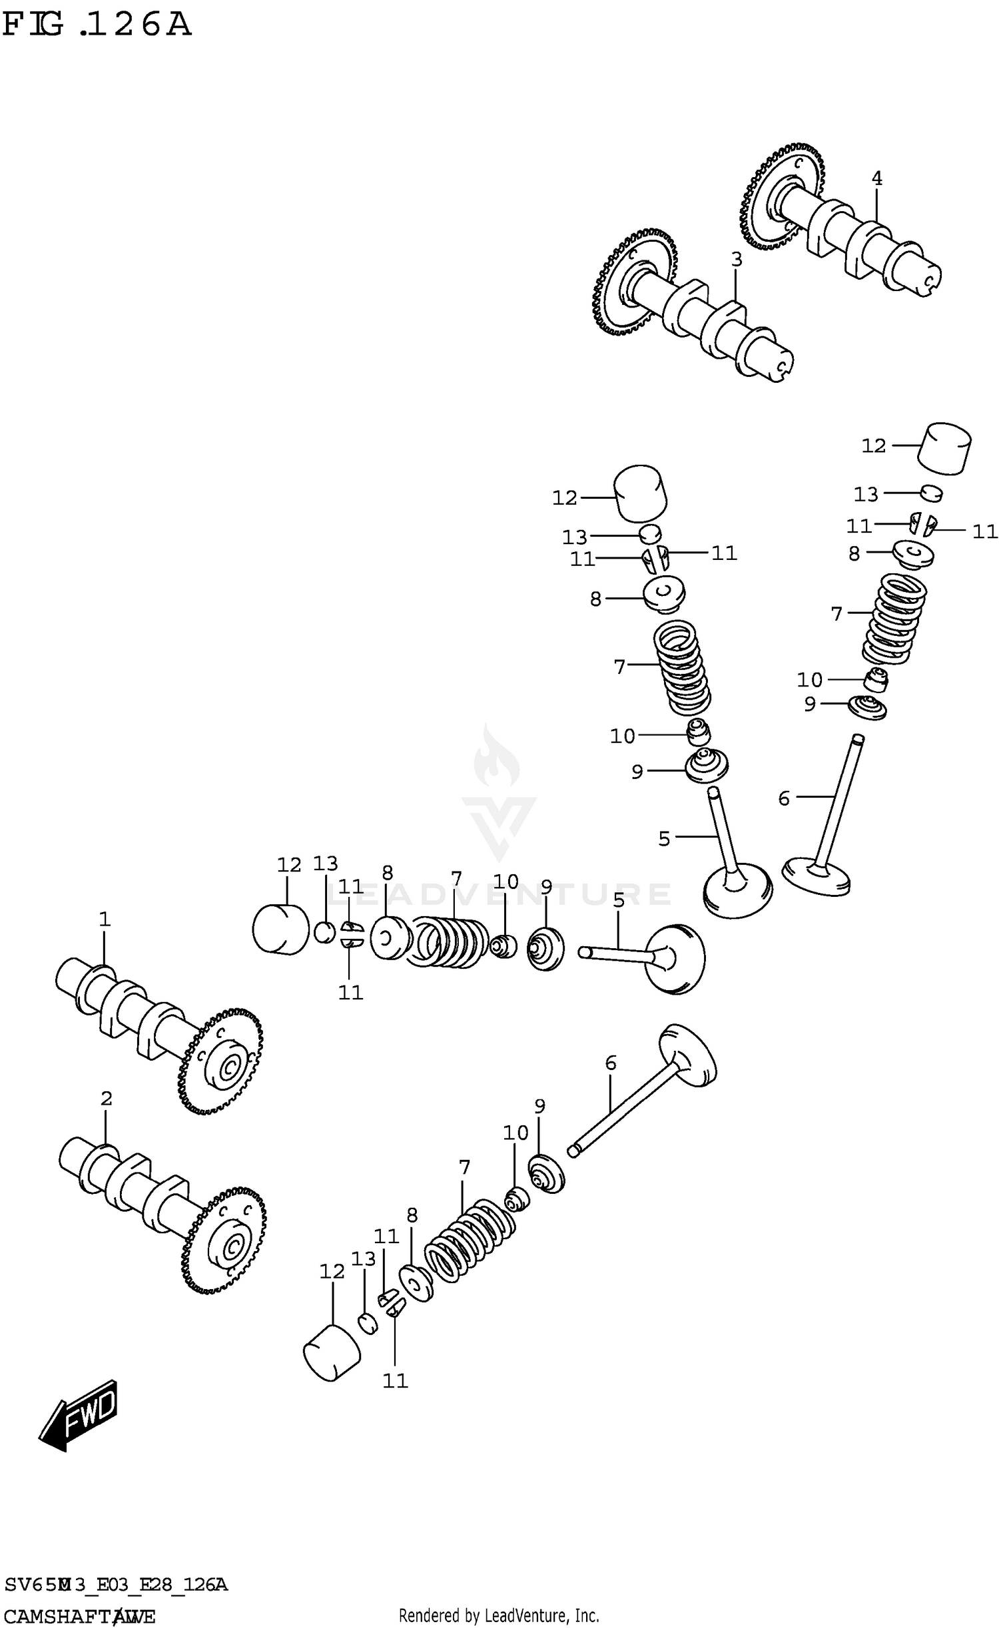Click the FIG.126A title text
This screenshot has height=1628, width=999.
click(x=97, y=25)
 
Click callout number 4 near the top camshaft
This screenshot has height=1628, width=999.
click(x=876, y=178)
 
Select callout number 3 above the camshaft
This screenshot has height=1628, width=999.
click(x=736, y=260)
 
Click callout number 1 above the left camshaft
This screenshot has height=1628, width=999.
click(x=104, y=920)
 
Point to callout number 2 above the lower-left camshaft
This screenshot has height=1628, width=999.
click(x=107, y=1099)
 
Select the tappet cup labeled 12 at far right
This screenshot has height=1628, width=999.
click(x=944, y=448)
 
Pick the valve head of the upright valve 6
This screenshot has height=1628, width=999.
click(x=817, y=874)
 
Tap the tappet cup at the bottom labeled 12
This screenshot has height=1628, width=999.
click(x=331, y=1353)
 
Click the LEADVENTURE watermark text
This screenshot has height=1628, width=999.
click(x=499, y=894)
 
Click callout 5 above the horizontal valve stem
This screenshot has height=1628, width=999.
click(x=619, y=900)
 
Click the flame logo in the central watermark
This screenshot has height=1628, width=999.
click(x=496, y=759)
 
